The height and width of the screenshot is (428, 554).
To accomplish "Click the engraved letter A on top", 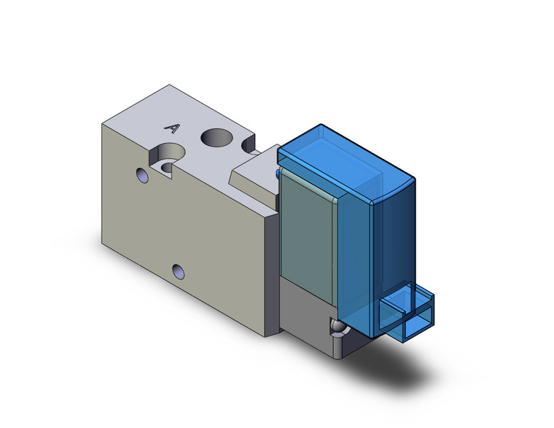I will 173,129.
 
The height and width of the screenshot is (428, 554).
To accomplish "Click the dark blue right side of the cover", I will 397,241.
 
